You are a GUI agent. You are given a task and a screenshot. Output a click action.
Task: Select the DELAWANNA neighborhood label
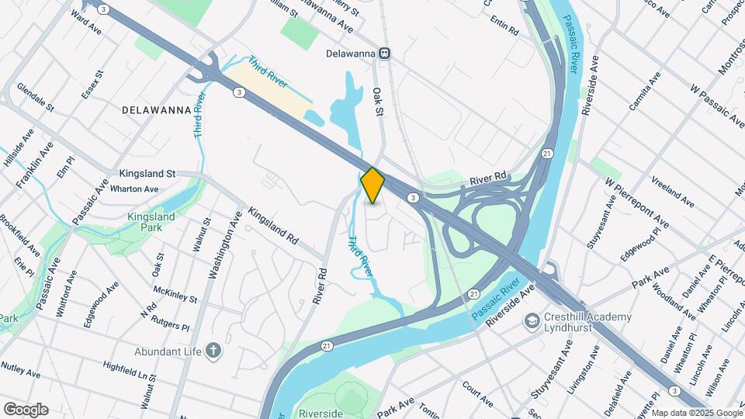pyautogui.click(x=157, y=110)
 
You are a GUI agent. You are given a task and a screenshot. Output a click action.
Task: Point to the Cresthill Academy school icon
pyautogui.click(x=532, y=320)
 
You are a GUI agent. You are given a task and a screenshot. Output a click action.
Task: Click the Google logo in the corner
pyautogui.click(x=26, y=410)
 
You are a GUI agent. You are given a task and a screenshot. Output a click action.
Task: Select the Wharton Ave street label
pyautogui.click(x=134, y=189)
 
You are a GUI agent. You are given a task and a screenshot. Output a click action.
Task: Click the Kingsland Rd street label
pyautogui.click(x=272, y=227)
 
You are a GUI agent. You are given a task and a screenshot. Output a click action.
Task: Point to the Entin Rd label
pyautogui.click(x=504, y=29)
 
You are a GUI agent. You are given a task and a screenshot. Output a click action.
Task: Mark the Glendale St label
pyautogui.click(x=35, y=96)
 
